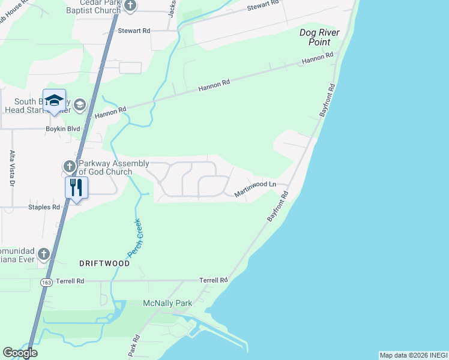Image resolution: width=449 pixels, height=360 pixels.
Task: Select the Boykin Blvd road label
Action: pos(63,128)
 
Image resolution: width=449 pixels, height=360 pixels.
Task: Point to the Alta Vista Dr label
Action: pos(11,168)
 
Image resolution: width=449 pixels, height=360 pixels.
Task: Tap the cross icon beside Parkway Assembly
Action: pos(69,166)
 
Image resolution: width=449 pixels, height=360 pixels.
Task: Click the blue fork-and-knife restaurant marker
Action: pos(76,187)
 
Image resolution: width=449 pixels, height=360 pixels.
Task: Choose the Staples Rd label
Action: pos(44,207)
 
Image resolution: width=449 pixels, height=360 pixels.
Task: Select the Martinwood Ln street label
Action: pos(255,188)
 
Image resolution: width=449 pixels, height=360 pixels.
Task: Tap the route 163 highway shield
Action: pos(46,281)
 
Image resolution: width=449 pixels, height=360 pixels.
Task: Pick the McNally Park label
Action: pos(167,303)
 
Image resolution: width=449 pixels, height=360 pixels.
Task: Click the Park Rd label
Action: pos(134,346)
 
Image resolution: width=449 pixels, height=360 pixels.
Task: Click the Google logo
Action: pos(20,353)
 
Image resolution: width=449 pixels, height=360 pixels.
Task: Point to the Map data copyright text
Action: pos(413,355)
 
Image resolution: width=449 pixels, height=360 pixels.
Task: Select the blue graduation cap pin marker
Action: pos(54,100)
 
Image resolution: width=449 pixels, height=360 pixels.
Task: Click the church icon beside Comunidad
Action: pos(43,254)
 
